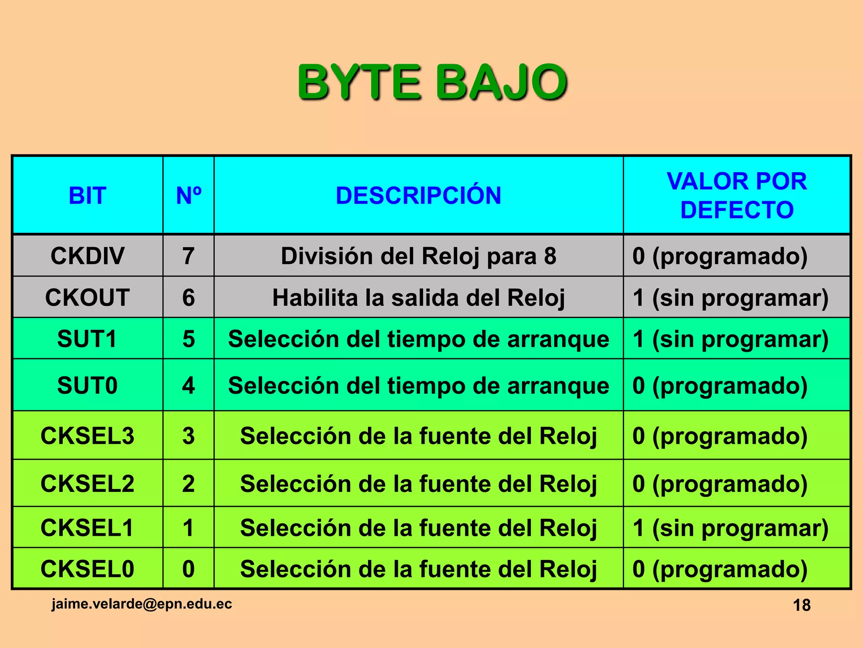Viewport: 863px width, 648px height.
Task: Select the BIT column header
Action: pyautogui.click(x=87, y=196)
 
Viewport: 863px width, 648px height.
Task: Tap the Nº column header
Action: pyautogui.click(x=188, y=196)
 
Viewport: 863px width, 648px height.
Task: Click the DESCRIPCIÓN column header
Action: pyautogui.click(x=418, y=196)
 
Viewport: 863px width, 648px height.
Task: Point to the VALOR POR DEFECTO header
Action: pyautogui.click(x=737, y=195)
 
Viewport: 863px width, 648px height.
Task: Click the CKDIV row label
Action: pyautogui.click(x=87, y=256)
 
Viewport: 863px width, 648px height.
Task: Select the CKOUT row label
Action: pyautogui.click(x=87, y=297)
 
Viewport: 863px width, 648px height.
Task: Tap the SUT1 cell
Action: pyautogui.click(x=87, y=339)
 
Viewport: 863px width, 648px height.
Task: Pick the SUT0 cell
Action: pyautogui.click(x=87, y=385)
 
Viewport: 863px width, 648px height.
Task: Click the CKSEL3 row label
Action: pyautogui.click(x=87, y=436)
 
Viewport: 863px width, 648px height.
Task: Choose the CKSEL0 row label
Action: pyautogui.click(x=87, y=569)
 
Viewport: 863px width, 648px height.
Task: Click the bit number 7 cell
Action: pyautogui.click(x=188, y=256)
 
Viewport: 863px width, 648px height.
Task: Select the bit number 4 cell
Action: pyautogui.click(x=188, y=385)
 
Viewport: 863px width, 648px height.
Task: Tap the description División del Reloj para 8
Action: pyautogui.click(x=418, y=256)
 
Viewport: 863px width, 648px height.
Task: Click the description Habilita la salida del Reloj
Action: pyautogui.click(x=418, y=297)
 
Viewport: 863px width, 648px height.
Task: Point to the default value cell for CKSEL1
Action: pyautogui.click(x=730, y=528)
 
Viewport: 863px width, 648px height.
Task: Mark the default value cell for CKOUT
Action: pyautogui.click(x=730, y=297)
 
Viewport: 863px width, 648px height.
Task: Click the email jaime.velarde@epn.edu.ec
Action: pyautogui.click(x=142, y=604)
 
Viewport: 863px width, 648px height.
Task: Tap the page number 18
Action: pyautogui.click(x=801, y=605)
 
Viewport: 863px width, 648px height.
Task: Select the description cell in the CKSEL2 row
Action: pyautogui.click(x=418, y=483)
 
